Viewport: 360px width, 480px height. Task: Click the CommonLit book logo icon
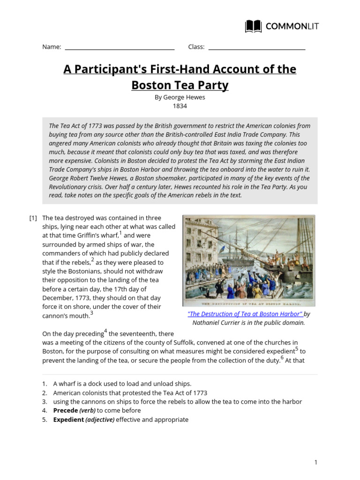(254, 26)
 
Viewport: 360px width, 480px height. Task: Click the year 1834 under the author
(180, 106)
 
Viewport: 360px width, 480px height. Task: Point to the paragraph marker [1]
(33, 218)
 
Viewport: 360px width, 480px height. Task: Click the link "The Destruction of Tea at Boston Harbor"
(245, 314)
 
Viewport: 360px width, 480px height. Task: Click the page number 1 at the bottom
(316, 462)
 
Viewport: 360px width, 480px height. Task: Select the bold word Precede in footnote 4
(66, 411)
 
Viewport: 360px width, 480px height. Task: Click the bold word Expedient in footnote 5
(68, 420)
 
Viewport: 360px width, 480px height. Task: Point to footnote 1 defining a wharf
(122, 384)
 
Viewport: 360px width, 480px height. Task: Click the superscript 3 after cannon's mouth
(92, 313)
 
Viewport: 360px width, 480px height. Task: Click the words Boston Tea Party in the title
(180, 85)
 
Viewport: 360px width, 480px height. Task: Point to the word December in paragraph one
(58, 298)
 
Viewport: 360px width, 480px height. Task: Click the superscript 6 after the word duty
(282, 358)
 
